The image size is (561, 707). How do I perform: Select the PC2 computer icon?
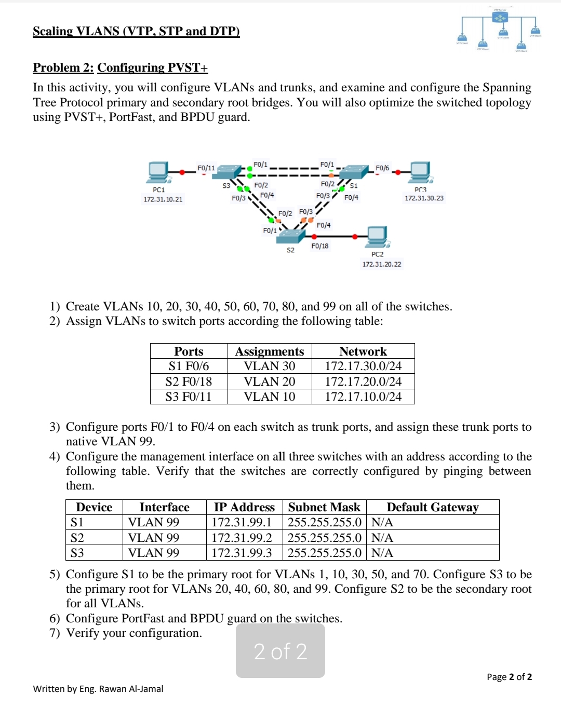(x=378, y=237)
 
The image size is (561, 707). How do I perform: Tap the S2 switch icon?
(x=290, y=236)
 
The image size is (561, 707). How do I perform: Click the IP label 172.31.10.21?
(x=163, y=199)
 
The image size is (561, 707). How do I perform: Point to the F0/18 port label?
(x=320, y=246)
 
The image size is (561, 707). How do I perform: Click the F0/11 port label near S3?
(x=206, y=168)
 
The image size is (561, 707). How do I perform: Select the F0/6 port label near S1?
(x=382, y=168)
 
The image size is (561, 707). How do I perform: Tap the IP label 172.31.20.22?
(x=382, y=264)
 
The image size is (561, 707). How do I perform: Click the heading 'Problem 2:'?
(x=63, y=67)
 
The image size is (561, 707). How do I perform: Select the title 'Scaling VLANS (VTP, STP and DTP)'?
(x=136, y=31)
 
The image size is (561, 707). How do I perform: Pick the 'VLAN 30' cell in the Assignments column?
(x=270, y=366)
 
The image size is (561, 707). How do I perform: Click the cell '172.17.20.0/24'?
(x=363, y=382)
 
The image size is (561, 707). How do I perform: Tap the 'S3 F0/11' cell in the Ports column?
(x=189, y=397)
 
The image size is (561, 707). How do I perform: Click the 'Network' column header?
(x=363, y=351)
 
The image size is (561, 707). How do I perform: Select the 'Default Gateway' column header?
(x=432, y=507)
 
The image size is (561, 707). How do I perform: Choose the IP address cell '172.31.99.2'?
(x=242, y=538)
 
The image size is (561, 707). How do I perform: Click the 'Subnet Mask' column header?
(x=324, y=507)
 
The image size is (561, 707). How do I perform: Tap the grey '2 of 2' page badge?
(x=280, y=651)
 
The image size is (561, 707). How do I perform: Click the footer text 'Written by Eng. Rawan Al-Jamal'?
(x=98, y=689)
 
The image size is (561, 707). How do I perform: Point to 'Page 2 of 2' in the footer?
(x=509, y=677)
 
